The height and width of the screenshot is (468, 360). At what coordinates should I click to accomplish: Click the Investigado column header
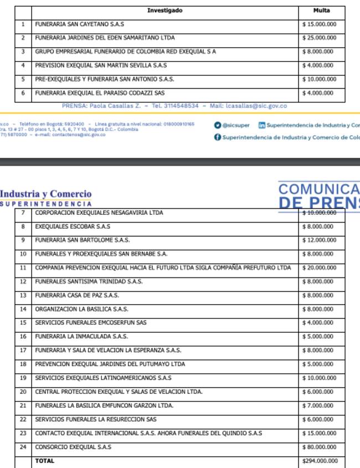pos(164,11)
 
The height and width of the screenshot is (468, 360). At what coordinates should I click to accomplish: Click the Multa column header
pos(321,11)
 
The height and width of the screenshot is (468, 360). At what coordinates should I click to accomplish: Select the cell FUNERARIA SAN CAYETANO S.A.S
pos(79,24)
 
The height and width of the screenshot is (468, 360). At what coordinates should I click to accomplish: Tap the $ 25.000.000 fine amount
pos(320,38)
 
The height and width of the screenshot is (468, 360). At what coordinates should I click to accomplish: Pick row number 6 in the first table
pos(23,94)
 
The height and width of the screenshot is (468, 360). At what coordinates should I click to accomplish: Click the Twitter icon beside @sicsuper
pos(218,126)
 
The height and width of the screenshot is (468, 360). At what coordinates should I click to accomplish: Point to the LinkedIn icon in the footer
pos(262,126)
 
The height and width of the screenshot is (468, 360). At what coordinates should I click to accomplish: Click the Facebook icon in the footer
pos(218,137)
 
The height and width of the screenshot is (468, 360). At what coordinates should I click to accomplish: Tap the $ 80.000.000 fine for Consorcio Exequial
pos(320,447)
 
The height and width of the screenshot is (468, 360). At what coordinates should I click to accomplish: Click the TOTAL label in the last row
pos(45,461)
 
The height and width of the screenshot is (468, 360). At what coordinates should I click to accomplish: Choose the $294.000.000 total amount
pos(320,461)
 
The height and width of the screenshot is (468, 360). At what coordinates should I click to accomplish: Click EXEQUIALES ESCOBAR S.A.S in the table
pos(73,227)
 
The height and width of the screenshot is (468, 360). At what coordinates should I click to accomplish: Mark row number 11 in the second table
pos(23,268)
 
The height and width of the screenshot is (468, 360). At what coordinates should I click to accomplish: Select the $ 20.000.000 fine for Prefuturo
pos(320,268)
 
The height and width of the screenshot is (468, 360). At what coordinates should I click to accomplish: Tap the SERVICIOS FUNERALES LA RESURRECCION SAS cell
pos(96,420)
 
